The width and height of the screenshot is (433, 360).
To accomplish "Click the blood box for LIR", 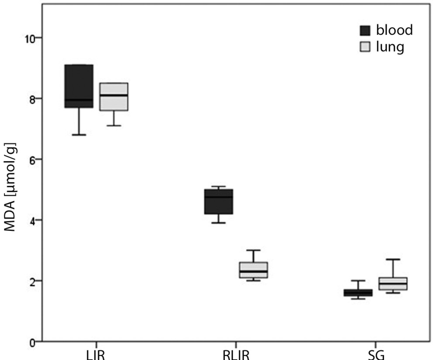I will pos(79,86).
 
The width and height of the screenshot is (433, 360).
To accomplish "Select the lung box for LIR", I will pos(114,97).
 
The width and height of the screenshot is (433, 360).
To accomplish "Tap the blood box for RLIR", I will pos(219,201).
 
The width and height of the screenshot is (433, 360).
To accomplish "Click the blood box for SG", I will pos(358,292).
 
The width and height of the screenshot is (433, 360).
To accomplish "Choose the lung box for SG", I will pos(393,284).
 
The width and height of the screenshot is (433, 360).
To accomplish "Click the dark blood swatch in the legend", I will pos(364,31).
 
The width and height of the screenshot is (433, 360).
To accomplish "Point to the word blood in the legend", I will pos(394,31).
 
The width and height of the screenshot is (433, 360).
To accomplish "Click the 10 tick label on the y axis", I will pos(30,38).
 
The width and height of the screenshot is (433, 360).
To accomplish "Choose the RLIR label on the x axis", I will pos(236,354).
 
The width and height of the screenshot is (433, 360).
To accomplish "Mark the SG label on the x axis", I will pos(376,354).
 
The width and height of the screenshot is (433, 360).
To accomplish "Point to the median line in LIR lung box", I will pos(114,95).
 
